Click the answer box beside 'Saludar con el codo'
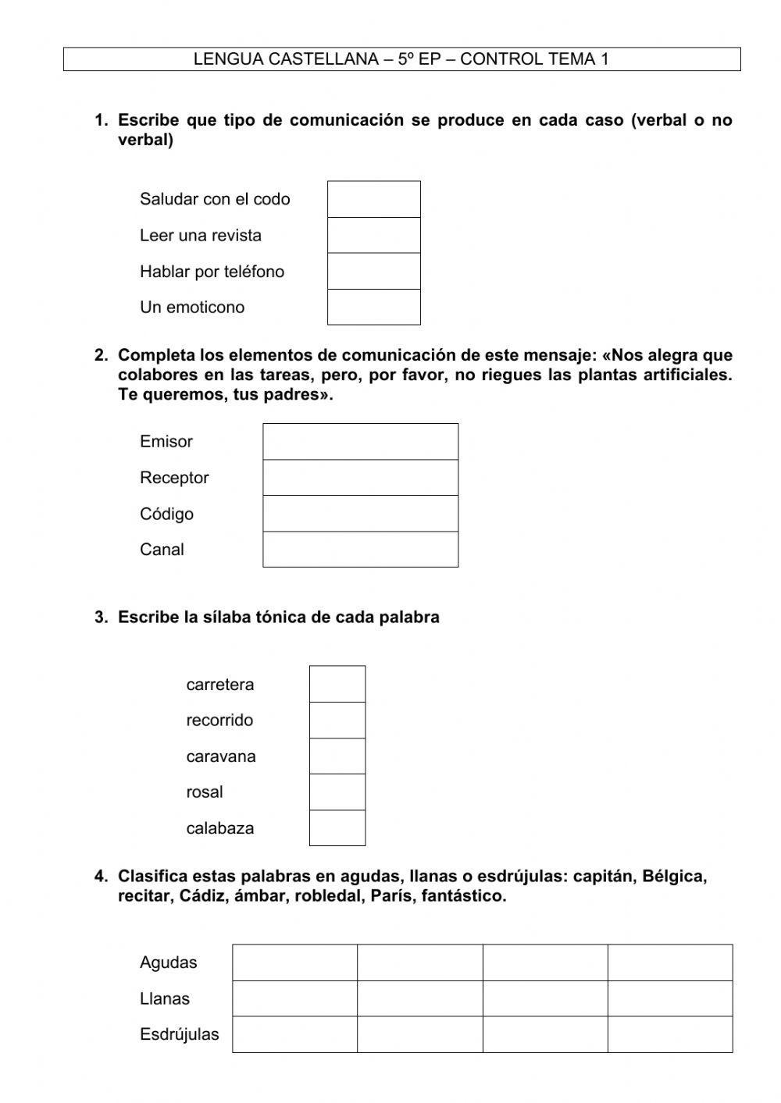pyautogui.click(x=373, y=199)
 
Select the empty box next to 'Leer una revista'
pyautogui.click(x=373, y=235)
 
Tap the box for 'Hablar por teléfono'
pyautogui.click(x=373, y=271)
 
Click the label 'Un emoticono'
pyautogui.click(x=192, y=307)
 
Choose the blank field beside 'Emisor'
pyautogui.click(x=360, y=441)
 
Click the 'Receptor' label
pyautogui.click(x=174, y=477)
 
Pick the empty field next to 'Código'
pyautogui.click(x=360, y=514)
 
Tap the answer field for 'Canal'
pyautogui.click(x=360, y=550)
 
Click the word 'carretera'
pyautogui.click(x=219, y=685)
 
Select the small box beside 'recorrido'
pyautogui.click(x=337, y=720)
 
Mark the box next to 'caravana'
pyautogui.click(x=337, y=756)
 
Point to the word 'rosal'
pyautogui.click(x=204, y=792)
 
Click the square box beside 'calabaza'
pyautogui.click(x=337, y=828)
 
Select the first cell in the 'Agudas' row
pyautogui.click(x=294, y=962)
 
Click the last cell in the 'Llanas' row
pyautogui.click(x=670, y=998)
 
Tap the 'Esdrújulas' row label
pyautogui.click(x=179, y=1034)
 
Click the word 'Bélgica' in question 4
pyautogui.click(x=673, y=876)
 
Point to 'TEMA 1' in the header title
pyautogui.click(x=579, y=59)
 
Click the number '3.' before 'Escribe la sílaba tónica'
pyautogui.click(x=101, y=617)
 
